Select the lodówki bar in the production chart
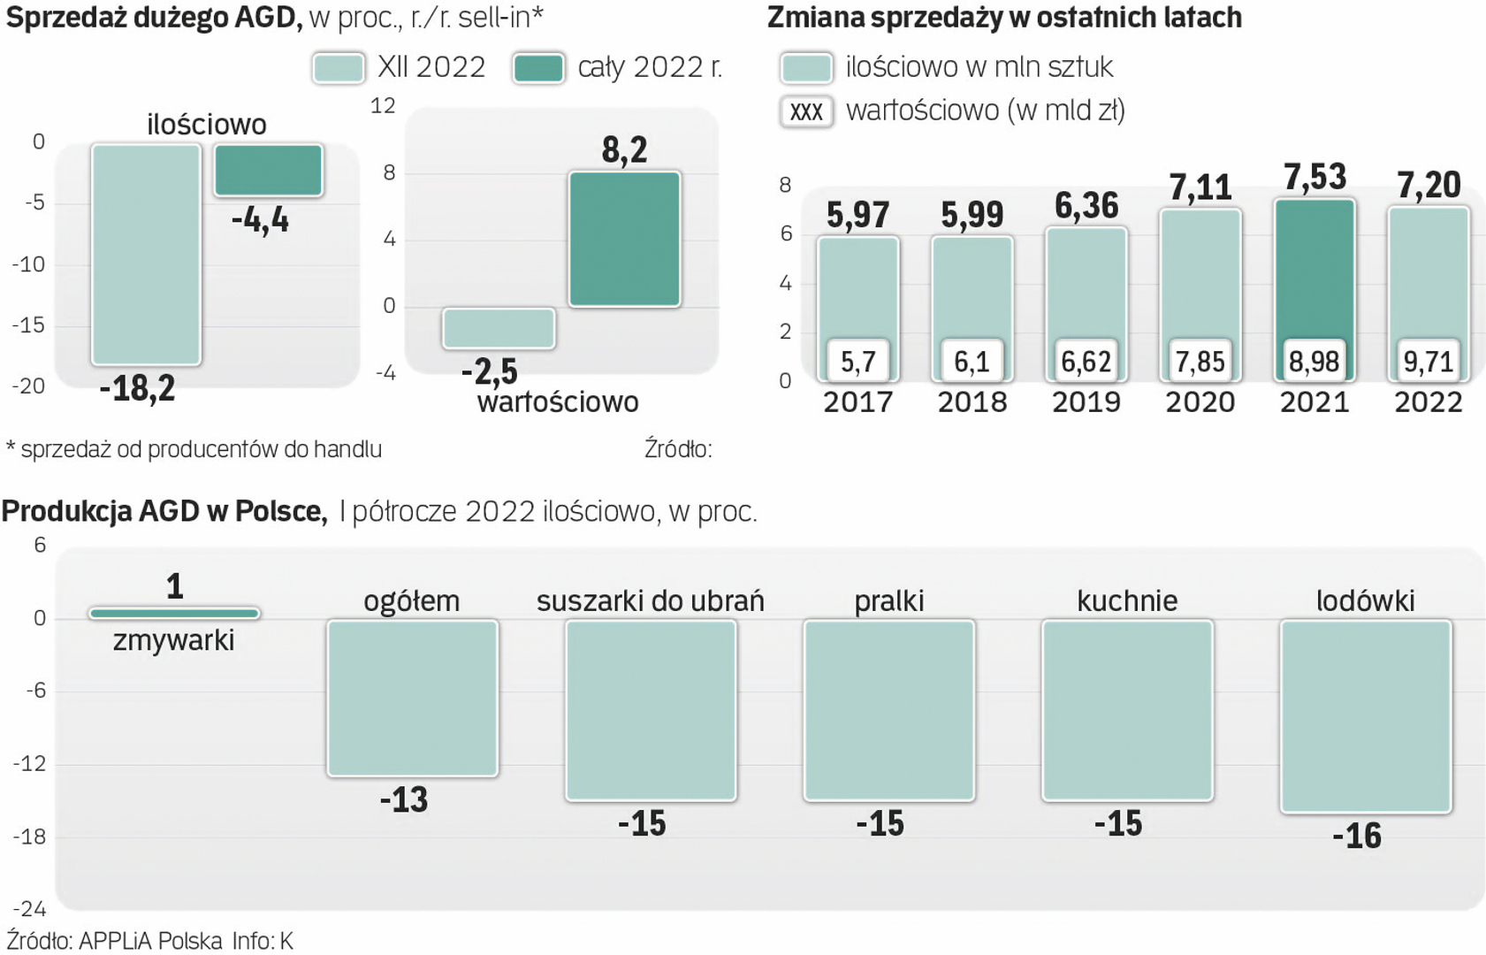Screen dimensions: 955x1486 (1365, 715)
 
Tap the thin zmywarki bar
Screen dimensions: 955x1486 (174, 613)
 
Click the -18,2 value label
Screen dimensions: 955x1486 (138, 388)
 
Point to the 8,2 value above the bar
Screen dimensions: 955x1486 (624, 150)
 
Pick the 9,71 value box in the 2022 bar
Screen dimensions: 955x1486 (1428, 361)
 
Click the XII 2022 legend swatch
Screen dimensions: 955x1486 (339, 68)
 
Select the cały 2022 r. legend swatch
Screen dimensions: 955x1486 (538, 68)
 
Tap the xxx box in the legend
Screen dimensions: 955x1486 (806, 111)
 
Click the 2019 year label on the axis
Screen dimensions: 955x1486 (1086, 402)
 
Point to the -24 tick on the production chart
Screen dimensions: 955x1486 (29, 908)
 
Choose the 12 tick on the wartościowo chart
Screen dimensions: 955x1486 (383, 106)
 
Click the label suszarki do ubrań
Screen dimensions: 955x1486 (650, 601)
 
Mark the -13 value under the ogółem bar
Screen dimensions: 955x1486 (404, 799)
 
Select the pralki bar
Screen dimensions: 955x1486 (888, 710)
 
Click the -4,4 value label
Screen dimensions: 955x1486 (260, 219)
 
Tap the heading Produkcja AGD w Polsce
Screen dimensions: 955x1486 (164, 511)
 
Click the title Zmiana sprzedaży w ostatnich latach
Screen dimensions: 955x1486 (1004, 17)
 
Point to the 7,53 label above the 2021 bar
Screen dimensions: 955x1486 (1315, 177)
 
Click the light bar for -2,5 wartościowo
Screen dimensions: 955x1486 (499, 328)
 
